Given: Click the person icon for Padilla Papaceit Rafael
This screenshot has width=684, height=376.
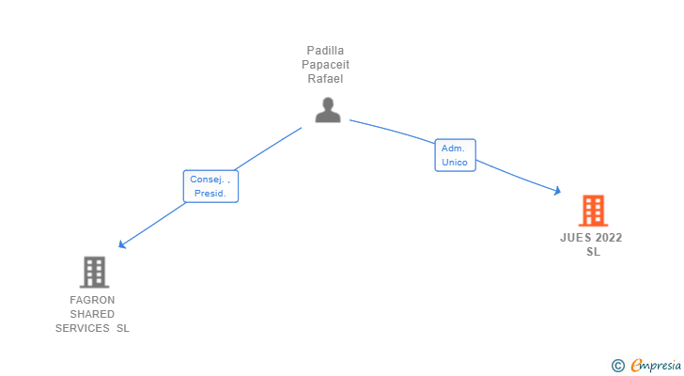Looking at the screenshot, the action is [328, 111].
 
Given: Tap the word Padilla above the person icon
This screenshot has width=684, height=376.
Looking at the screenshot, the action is [327, 50].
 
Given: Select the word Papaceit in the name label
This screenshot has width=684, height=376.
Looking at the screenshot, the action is [327, 64].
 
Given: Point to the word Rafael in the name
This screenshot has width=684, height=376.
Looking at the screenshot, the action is [327, 78].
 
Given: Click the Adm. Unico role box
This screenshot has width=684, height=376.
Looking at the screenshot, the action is [455, 155].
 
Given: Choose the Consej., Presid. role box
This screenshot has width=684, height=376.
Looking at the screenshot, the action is [210, 186].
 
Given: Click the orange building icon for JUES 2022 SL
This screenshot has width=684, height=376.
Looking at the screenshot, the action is [592, 211].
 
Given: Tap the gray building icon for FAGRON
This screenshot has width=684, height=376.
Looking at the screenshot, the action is [93, 273].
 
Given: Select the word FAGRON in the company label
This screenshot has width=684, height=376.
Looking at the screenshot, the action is [92, 300].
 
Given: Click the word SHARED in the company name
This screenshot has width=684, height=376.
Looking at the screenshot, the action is [92, 314].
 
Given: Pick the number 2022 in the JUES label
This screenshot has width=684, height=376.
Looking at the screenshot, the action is [609, 238].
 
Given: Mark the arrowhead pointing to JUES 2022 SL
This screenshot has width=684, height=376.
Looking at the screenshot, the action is [557, 192].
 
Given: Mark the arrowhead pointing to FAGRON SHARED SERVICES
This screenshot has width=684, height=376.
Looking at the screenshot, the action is [121, 244].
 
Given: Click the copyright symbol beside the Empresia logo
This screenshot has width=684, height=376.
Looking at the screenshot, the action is [617, 366].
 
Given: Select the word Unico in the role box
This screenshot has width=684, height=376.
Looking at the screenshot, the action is [455, 163].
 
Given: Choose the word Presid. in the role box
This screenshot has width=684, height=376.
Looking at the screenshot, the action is [210, 194].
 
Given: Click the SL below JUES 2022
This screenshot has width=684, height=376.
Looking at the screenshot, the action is [593, 252].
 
